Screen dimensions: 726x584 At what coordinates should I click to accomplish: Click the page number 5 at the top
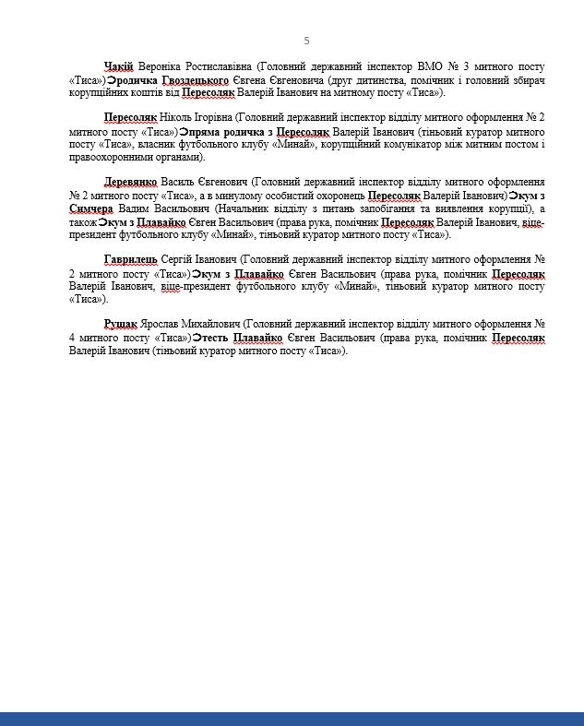pyautogui.click(x=306, y=41)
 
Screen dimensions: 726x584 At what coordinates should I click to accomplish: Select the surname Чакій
pyautogui.click(x=119, y=66)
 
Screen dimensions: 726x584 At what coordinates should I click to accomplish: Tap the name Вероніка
pyautogui.click(x=163, y=66)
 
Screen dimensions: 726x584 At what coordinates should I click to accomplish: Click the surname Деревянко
pyautogui.click(x=131, y=183)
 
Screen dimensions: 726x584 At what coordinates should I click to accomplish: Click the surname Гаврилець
pyautogui.click(x=132, y=261)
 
